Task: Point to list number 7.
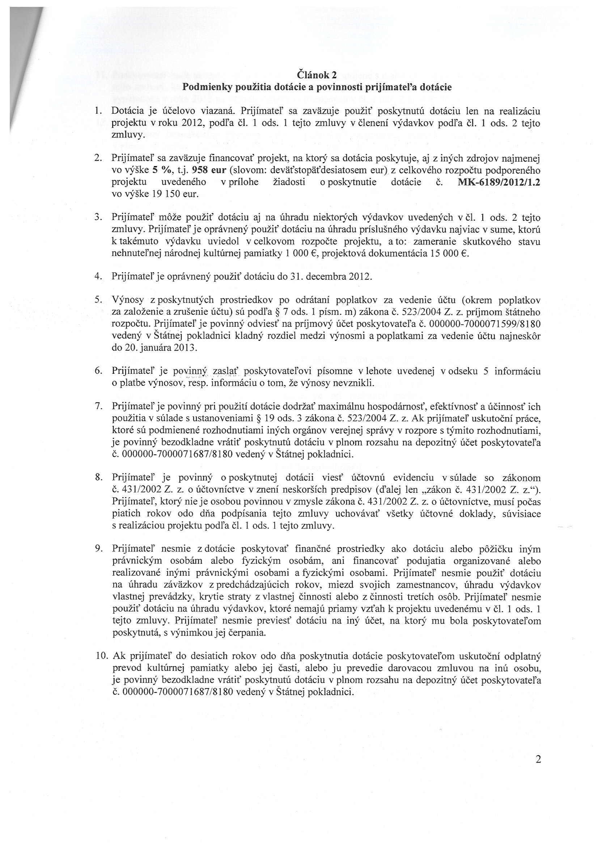(99, 407)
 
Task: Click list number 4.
(99, 277)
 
